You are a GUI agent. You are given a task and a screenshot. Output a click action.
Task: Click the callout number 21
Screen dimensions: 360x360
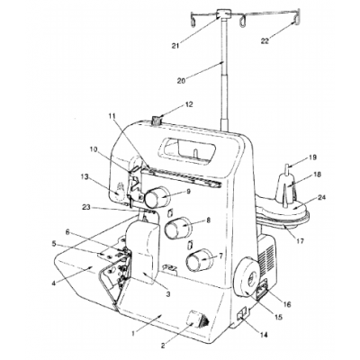tap(175, 46)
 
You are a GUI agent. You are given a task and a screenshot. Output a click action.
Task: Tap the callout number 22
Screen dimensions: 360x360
tap(265, 41)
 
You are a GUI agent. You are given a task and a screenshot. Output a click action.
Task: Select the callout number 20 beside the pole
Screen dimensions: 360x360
tap(182, 80)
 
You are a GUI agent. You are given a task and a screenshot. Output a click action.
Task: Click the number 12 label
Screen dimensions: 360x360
tap(189, 104)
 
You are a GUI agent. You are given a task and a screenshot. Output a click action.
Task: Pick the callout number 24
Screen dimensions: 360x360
tap(321, 197)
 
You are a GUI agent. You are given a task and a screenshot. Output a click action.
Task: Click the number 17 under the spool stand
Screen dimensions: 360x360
tap(300, 241)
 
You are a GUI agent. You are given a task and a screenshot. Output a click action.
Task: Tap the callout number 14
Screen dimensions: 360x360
tap(264, 334)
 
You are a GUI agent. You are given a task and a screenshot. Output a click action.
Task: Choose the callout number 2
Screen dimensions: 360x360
tap(163, 346)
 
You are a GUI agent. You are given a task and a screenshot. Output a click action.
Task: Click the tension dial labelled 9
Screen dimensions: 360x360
tap(156, 197)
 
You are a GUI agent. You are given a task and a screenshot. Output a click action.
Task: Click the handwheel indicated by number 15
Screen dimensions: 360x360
tap(247, 276)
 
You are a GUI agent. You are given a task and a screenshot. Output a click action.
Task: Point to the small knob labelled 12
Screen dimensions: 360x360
tap(157, 121)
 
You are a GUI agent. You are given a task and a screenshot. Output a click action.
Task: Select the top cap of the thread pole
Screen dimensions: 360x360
tap(224, 13)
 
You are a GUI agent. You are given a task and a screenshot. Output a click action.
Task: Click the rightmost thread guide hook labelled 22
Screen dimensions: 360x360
tap(297, 16)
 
